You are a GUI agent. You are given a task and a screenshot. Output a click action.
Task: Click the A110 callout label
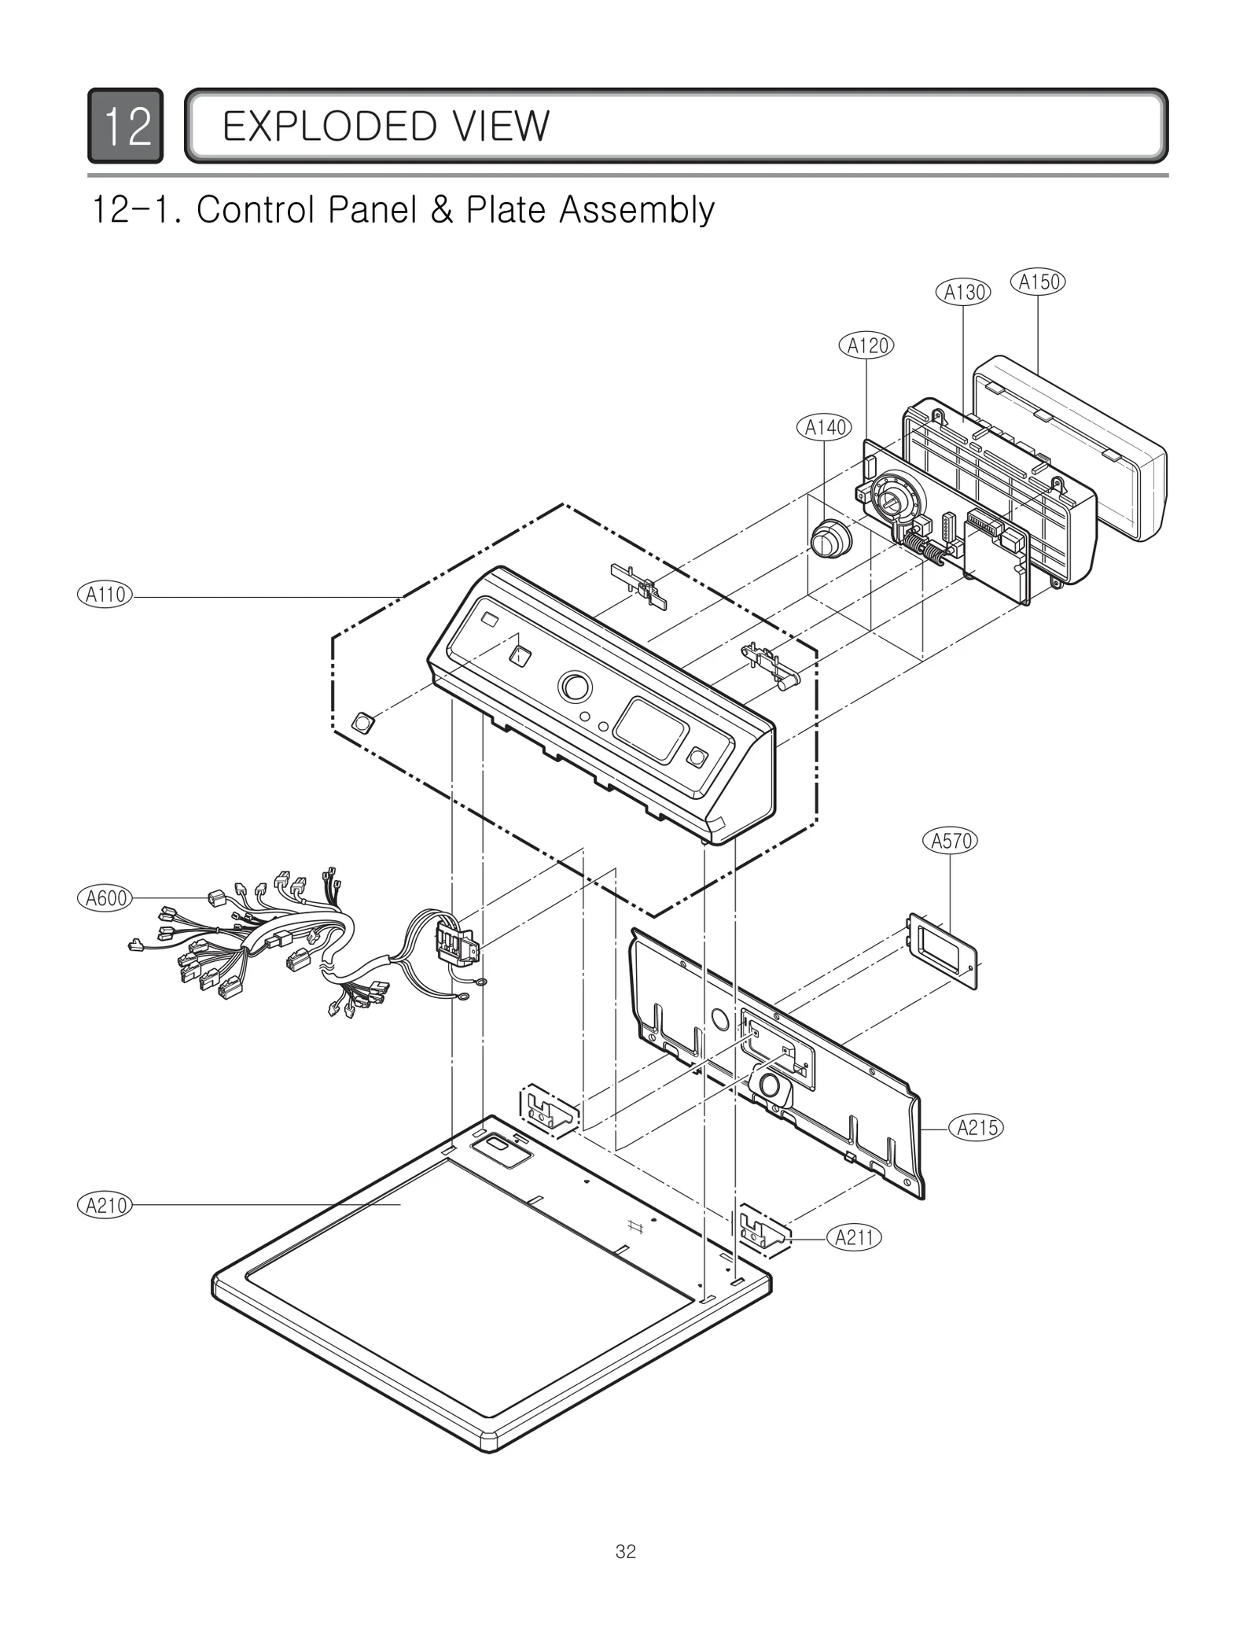click(x=105, y=595)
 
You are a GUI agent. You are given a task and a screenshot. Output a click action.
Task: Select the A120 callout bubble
click(x=867, y=345)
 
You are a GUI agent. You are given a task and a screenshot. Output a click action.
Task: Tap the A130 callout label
click(x=963, y=293)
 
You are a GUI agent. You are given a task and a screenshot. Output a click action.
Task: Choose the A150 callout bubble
click(x=1038, y=282)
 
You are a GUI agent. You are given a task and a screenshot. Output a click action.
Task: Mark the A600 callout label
click(x=105, y=897)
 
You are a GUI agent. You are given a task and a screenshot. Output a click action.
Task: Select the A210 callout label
click(x=105, y=1205)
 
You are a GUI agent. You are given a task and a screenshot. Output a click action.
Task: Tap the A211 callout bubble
click(x=854, y=1238)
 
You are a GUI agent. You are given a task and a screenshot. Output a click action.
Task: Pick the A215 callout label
click(x=977, y=1128)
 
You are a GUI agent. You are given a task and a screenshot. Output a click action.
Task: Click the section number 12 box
click(x=126, y=126)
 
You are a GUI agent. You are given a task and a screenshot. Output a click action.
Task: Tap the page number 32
click(x=626, y=1552)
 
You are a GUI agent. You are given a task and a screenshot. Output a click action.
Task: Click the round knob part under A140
click(x=829, y=540)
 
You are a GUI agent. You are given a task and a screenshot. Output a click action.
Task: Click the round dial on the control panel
click(x=576, y=687)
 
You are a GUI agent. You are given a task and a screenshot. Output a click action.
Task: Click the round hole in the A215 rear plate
click(x=719, y=1019)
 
